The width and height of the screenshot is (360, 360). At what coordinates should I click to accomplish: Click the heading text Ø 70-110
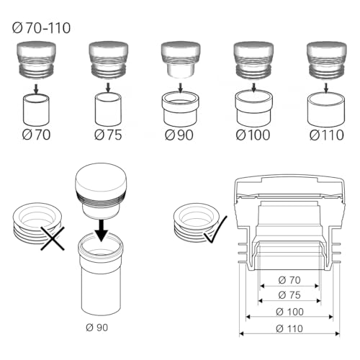point(44,30)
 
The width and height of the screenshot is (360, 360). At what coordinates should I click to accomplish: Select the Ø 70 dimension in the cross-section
point(288,279)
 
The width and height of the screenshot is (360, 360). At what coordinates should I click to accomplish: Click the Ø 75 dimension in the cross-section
point(288,294)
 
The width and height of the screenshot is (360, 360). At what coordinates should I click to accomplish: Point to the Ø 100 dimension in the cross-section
point(288,311)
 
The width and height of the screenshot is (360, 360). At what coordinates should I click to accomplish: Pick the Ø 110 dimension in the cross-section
point(288,328)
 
